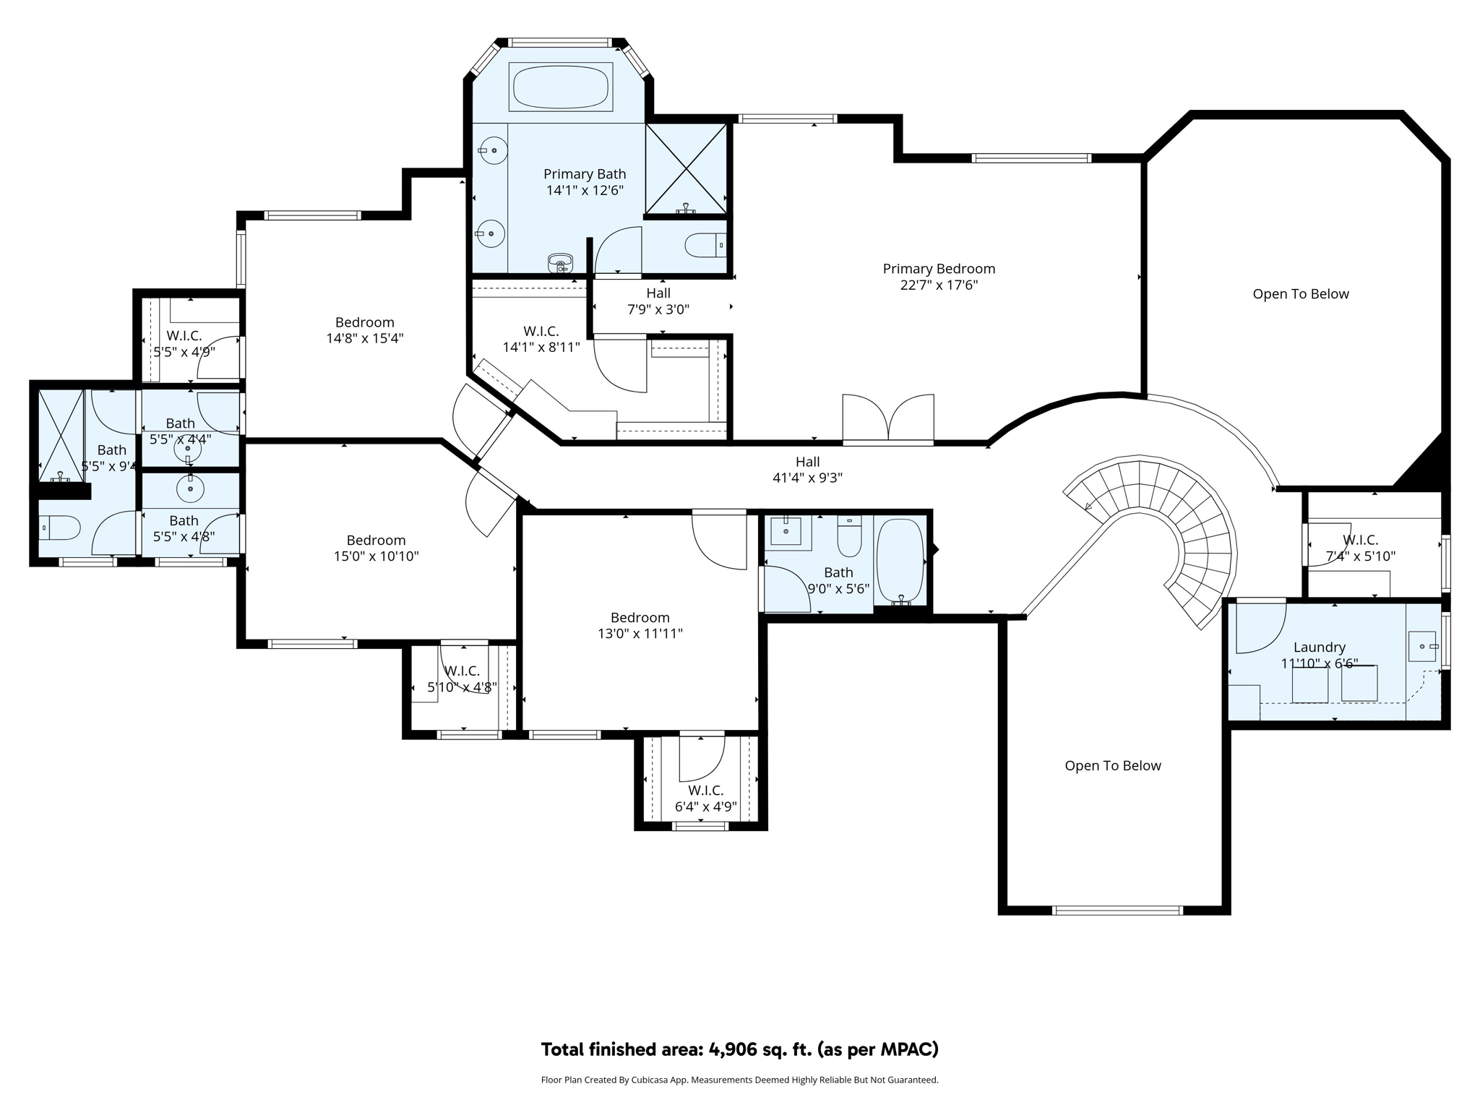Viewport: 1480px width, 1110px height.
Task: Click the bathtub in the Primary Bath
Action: click(561, 87)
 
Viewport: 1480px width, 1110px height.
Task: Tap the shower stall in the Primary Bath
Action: click(685, 169)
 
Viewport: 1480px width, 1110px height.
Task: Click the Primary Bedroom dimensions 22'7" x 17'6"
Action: click(939, 285)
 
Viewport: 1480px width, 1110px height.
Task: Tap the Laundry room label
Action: click(1319, 647)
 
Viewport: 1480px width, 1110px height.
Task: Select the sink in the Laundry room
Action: click(1422, 646)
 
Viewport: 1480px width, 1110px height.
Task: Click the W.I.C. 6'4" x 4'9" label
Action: click(705, 799)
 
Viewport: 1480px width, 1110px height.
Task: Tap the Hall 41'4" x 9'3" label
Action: click(807, 470)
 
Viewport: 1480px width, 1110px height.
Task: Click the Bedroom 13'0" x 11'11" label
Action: click(640, 626)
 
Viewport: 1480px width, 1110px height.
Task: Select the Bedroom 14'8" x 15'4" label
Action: click(364, 330)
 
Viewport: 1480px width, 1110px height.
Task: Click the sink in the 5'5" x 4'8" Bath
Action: click(190, 489)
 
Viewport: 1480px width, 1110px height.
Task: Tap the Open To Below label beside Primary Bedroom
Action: click(1300, 294)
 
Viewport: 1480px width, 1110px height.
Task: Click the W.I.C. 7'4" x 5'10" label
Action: click(1360, 548)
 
